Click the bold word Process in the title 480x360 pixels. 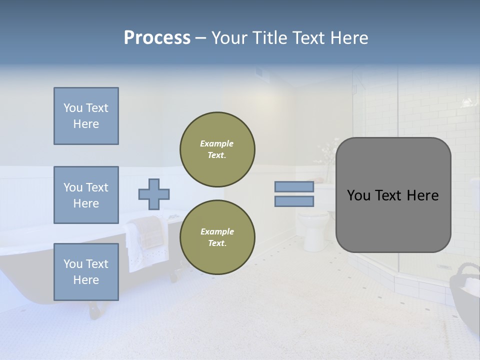[157, 38]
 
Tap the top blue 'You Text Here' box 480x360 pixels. [86, 116]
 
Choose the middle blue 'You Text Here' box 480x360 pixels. [86, 195]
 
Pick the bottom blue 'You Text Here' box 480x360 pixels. [86, 272]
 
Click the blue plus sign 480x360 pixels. [154, 194]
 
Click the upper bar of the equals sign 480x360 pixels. [294, 186]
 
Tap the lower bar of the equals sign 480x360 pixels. [294, 201]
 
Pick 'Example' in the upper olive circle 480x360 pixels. [217, 143]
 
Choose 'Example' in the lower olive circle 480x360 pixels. [217, 231]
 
